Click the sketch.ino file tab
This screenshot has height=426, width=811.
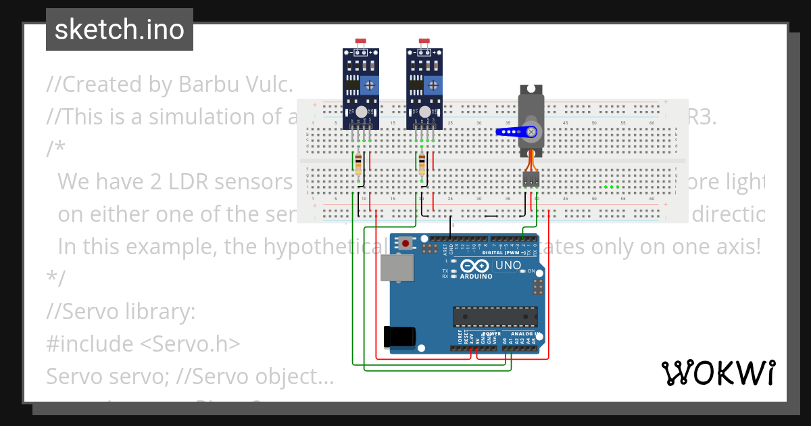tap(119, 30)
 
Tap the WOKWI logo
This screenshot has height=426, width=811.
tap(718, 373)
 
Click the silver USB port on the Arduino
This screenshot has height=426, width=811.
tap(397, 268)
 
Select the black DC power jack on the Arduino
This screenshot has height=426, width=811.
tap(398, 337)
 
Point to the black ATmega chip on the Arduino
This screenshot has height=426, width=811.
tap(495, 316)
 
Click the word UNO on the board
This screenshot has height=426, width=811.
tap(508, 266)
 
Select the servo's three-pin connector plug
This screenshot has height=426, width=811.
tap(531, 179)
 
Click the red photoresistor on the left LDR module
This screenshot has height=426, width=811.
tap(361, 41)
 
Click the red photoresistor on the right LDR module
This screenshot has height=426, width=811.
tap(424, 41)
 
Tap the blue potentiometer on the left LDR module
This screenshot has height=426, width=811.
tap(370, 85)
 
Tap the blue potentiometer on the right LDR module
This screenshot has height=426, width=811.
tap(433, 85)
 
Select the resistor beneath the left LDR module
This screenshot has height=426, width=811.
tap(358, 163)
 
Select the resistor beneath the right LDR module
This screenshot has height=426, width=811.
tap(422, 163)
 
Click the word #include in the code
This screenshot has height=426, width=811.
tap(90, 344)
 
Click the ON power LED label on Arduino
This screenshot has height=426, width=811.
tap(531, 271)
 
